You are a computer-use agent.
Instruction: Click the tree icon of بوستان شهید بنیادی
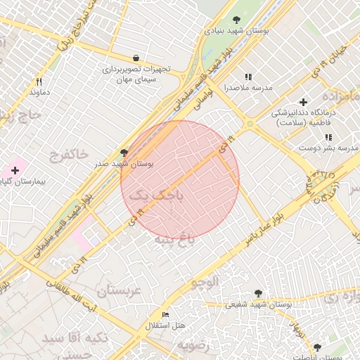(236, 20)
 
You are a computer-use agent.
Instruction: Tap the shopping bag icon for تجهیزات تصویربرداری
(135, 58)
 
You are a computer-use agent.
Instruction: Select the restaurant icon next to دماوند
(39, 82)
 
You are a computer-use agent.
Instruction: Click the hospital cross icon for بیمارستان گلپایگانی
(15, 170)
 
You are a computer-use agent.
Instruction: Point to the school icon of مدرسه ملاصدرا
(247, 77)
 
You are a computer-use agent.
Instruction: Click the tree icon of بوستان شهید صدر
(124, 152)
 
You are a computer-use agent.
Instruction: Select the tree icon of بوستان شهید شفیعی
(258, 293)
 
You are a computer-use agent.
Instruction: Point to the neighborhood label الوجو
(201, 281)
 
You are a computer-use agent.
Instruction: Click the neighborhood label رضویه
(193, 345)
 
